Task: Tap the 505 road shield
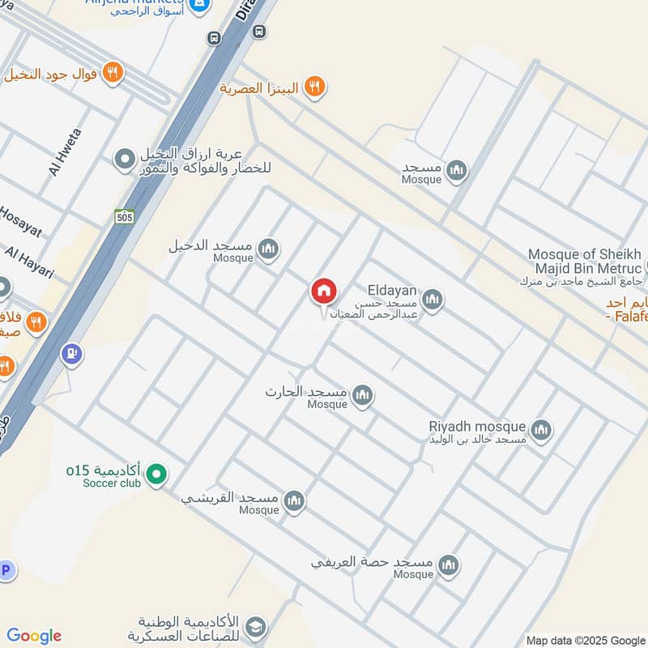point(124,216)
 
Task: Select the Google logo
point(34,636)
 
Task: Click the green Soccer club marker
point(157,475)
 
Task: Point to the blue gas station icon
point(72,354)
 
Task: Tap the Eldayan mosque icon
point(433,301)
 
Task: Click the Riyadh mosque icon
point(542,431)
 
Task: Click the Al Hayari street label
point(28,262)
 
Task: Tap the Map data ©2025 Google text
point(586,640)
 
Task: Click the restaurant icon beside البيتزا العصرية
point(315,87)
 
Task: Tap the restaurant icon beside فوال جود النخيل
point(113,72)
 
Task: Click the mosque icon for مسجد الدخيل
point(270,249)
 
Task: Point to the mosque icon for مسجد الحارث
point(362,396)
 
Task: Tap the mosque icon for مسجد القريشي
point(294,501)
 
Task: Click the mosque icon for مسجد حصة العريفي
point(448,565)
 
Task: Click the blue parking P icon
point(6,570)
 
